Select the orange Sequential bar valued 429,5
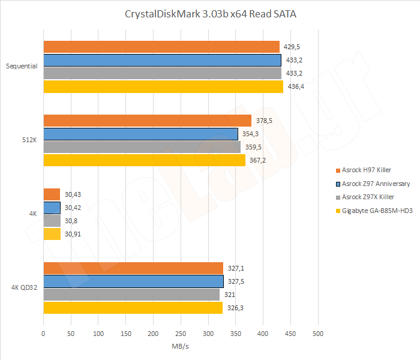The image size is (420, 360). click(x=161, y=47)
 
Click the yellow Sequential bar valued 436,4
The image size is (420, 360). click(x=163, y=86)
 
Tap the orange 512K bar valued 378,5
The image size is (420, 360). click(x=148, y=121)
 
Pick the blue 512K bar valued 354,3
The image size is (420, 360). click(x=141, y=134)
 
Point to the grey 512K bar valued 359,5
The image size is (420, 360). click(x=142, y=147)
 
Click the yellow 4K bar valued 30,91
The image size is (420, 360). click(x=52, y=234)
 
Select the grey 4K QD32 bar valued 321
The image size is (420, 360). click(x=131, y=295)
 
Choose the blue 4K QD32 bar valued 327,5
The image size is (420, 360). click(x=133, y=281)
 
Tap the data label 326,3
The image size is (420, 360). click(x=235, y=308)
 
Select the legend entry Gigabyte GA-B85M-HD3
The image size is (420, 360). click(x=376, y=211)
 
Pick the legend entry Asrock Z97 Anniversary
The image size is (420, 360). click(x=376, y=184)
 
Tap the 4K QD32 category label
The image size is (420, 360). click(x=25, y=288)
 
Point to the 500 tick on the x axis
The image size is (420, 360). click(x=318, y=333)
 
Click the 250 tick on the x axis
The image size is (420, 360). click(x=181, y=333)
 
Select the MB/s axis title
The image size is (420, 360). click(x=181, y=346)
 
